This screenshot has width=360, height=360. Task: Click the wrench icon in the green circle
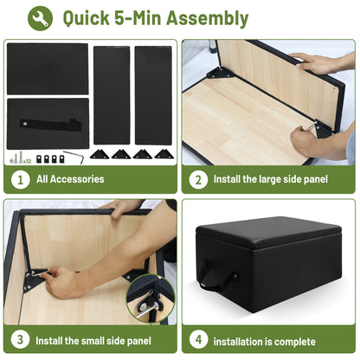click(x=40, y=18)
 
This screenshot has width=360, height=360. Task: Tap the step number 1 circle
click(x=20, y=179)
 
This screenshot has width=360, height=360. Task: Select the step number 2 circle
click(x=198, y=179)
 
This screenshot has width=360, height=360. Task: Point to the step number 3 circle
click(x=20, y=339)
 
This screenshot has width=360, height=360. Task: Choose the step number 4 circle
click(x=198, y=339)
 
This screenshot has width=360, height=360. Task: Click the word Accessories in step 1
click(x=77, y=179)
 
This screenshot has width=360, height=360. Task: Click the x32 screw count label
click(x=27, y=161)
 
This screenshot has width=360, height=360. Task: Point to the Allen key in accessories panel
click(x=74, y=157)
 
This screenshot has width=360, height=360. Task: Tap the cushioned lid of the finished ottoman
click(x=268, y=231)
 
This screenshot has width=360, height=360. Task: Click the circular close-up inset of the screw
click(x=151, y=299)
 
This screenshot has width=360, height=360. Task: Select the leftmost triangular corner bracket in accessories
click(x=100, y=154)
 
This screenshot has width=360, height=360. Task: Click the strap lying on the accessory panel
click(x=51, y=125)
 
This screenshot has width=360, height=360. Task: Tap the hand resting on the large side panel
click(x=312, y=63)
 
